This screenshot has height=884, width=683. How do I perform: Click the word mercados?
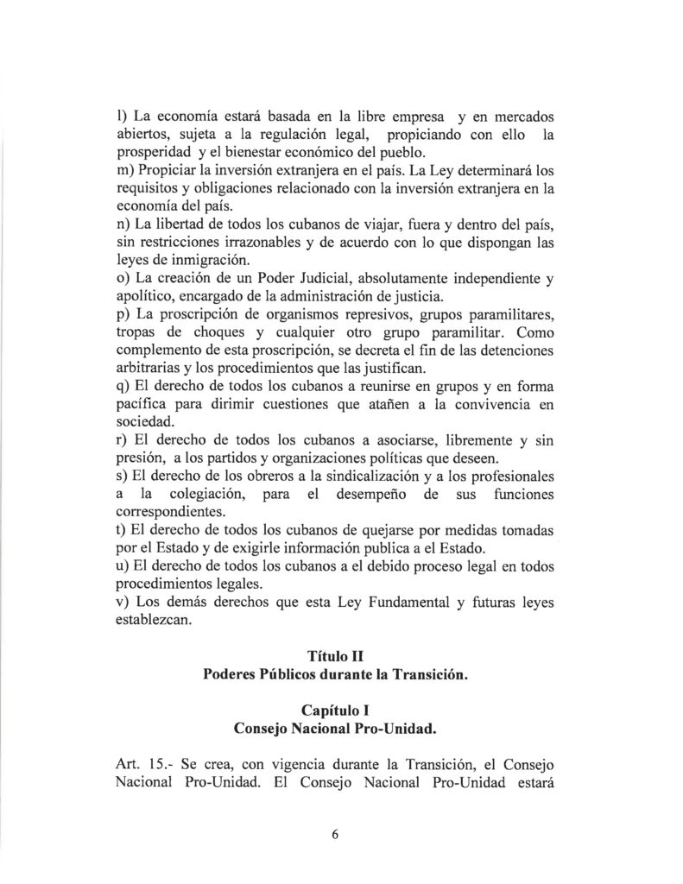[x=528, y=116]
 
